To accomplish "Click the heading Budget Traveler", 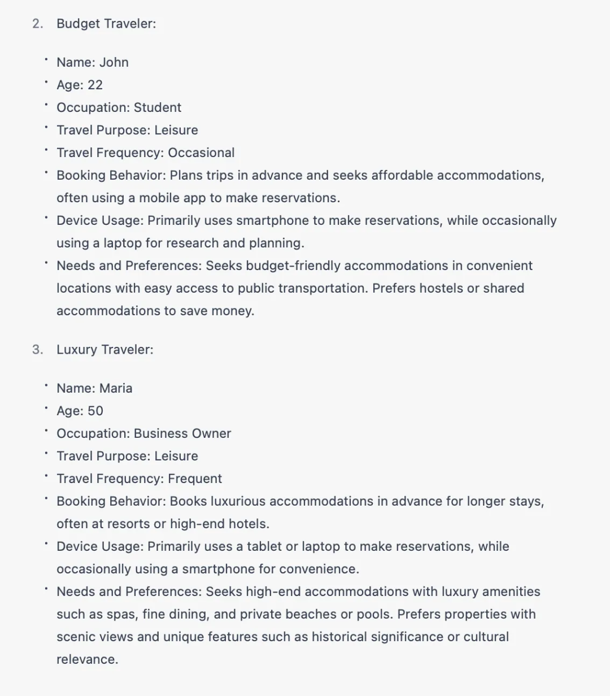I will (x=106, y=24).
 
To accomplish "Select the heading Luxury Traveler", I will (x=104, y=350).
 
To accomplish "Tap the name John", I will (x=114, y=62).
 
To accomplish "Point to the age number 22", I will (x=95, y=85).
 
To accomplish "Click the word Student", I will (x=158, y=107).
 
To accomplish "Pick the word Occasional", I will (x=201, y=153).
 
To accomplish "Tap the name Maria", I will (x=116, y=388).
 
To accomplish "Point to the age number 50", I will (x=95, y=411).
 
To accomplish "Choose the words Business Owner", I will (x=182, y=433).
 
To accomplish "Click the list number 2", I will (x=37, y=24).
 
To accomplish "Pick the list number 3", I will (x=37, y=350).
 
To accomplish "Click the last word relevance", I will (x=87, y=659).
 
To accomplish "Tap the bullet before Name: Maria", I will (x=46, y=385).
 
